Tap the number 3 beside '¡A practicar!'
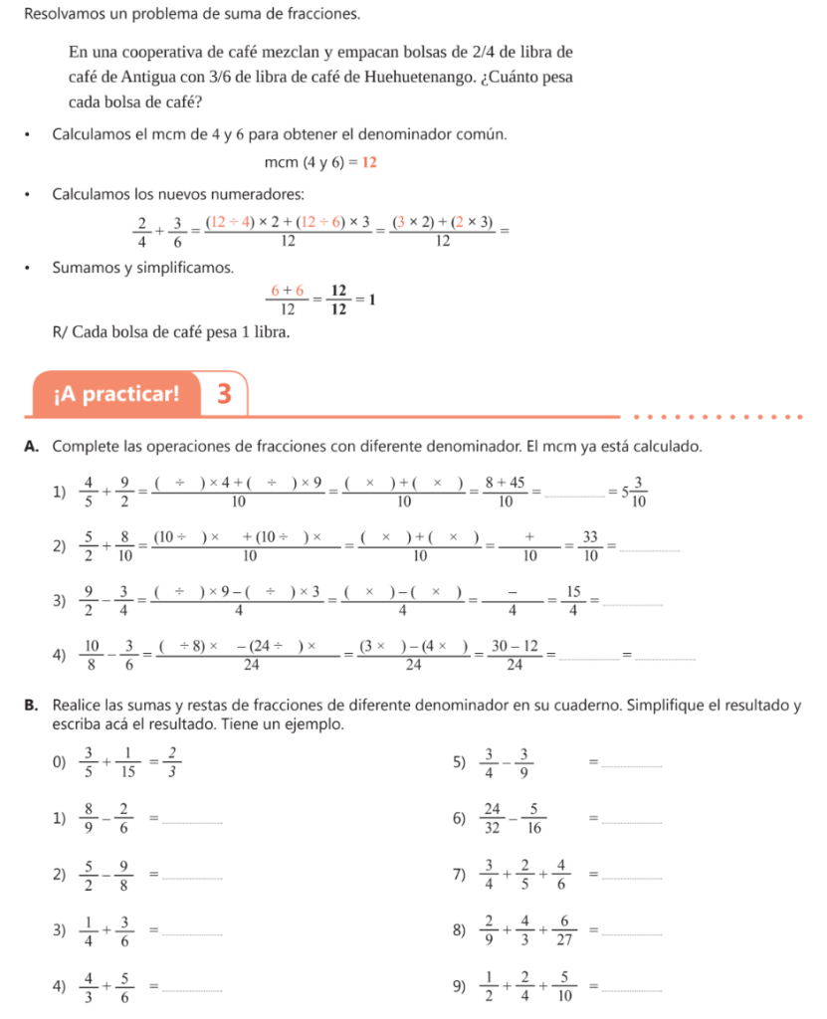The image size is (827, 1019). coord(224,394)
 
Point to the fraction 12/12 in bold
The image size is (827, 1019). coord(337,299)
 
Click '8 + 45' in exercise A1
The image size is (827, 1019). coord(505,483)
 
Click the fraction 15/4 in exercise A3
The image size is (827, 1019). coord(573,603)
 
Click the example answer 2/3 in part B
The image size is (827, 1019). coord(172,763)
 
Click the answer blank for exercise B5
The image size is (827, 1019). coord(633,764)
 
